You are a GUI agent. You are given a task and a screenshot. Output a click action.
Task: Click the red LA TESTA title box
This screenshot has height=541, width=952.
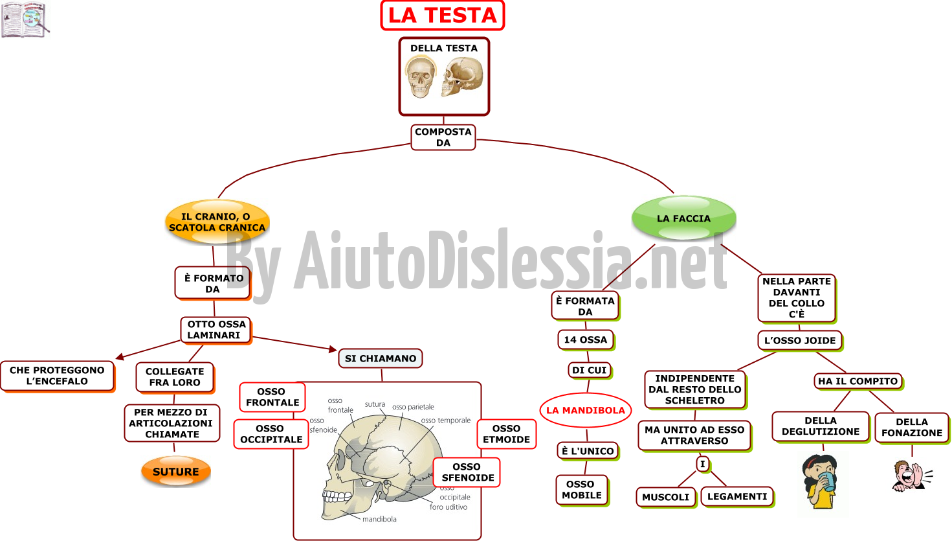pyautogui.click(x=443, y=16)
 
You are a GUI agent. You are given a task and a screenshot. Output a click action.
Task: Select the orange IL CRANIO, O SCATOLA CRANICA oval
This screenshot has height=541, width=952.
pyautogui.click(x=217, y=222)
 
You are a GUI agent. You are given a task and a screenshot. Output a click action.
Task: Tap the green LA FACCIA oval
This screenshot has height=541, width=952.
pyautogui.click(x=684, y=218)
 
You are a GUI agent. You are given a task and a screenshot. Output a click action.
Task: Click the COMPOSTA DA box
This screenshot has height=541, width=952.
pyautogui.click(x=443, y=137)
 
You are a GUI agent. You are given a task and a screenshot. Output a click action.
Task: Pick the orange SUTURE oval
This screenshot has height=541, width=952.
pyautogui.click(x=176, y=471)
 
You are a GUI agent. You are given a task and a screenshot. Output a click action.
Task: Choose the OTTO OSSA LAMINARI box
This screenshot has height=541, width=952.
pyautogui.click(x=216, y=330)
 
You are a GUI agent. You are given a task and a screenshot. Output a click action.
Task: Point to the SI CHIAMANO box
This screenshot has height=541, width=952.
pyautogui.click(x=381, y=358)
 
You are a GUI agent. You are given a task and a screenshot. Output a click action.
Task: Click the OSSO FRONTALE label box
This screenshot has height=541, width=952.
pyautogui.click(x=272, y=397)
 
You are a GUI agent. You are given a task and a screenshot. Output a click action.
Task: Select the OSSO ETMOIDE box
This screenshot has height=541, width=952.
pyautogui.click(x=506, y=434)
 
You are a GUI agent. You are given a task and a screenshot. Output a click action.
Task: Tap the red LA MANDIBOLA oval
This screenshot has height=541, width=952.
pyautogui.click(x=586, y=410)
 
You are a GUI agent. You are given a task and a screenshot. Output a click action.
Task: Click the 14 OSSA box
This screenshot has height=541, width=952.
pyautogui.click(x=586, y=340)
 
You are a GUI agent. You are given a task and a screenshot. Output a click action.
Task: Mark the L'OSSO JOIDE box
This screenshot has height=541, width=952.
pyautogui.click(x=800, y=341)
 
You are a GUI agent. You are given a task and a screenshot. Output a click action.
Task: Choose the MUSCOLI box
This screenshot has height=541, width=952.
pyautogui.click(x=666, y=497)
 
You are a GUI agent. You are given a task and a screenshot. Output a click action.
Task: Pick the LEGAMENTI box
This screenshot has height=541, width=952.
pyautogui.click(x=737, y=497)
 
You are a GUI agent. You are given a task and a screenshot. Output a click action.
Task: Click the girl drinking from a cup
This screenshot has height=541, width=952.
pyautogui.click(x=820, y=481)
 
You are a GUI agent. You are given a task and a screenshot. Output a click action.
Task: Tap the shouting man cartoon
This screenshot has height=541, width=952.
pyautogui.click(x=912, y=476)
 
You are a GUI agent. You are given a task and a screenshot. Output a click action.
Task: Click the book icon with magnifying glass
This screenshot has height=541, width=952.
pyautogui.click(x=25, y=19)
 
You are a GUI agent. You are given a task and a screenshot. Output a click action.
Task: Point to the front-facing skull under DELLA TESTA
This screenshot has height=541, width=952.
pyautogui.click(x=420, y=77)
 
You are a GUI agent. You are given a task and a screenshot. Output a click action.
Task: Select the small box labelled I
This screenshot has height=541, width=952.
pyautogui.click(x=703, y=464)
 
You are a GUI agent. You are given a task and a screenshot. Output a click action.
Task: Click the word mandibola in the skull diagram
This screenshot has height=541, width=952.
pyautogui.click(x=379, y=519)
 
